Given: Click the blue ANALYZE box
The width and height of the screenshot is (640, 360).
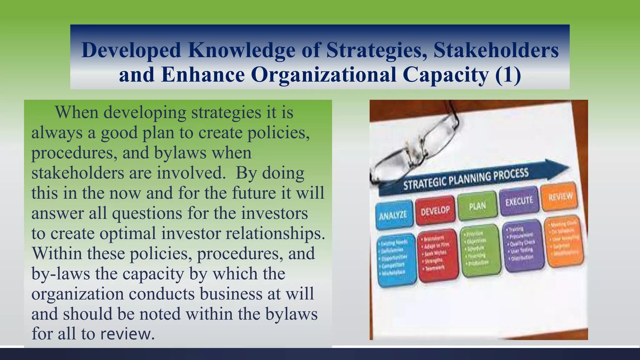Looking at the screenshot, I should [393, 215].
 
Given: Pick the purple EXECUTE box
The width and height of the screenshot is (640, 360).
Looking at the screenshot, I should [519, 201].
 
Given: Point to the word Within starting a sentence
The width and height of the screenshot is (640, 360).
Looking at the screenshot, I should [57, 253].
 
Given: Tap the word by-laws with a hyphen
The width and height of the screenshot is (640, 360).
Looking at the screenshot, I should [61, 274].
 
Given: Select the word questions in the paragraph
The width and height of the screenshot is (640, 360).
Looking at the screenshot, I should [147, 213].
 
